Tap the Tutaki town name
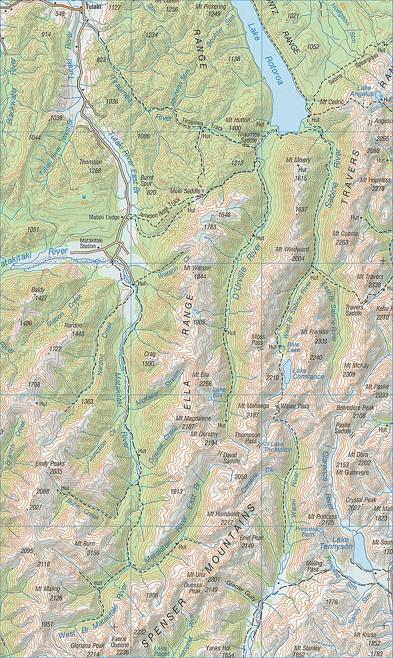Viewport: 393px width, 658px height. [93, 8]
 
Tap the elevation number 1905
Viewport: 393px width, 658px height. [198, 322]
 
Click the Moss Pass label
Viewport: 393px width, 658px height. [258, 340]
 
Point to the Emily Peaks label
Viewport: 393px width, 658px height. [50, 464]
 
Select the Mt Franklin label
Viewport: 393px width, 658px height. [314, 332]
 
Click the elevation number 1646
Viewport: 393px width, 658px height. [224, 215]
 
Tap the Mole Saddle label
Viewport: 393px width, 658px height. [183, 190]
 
